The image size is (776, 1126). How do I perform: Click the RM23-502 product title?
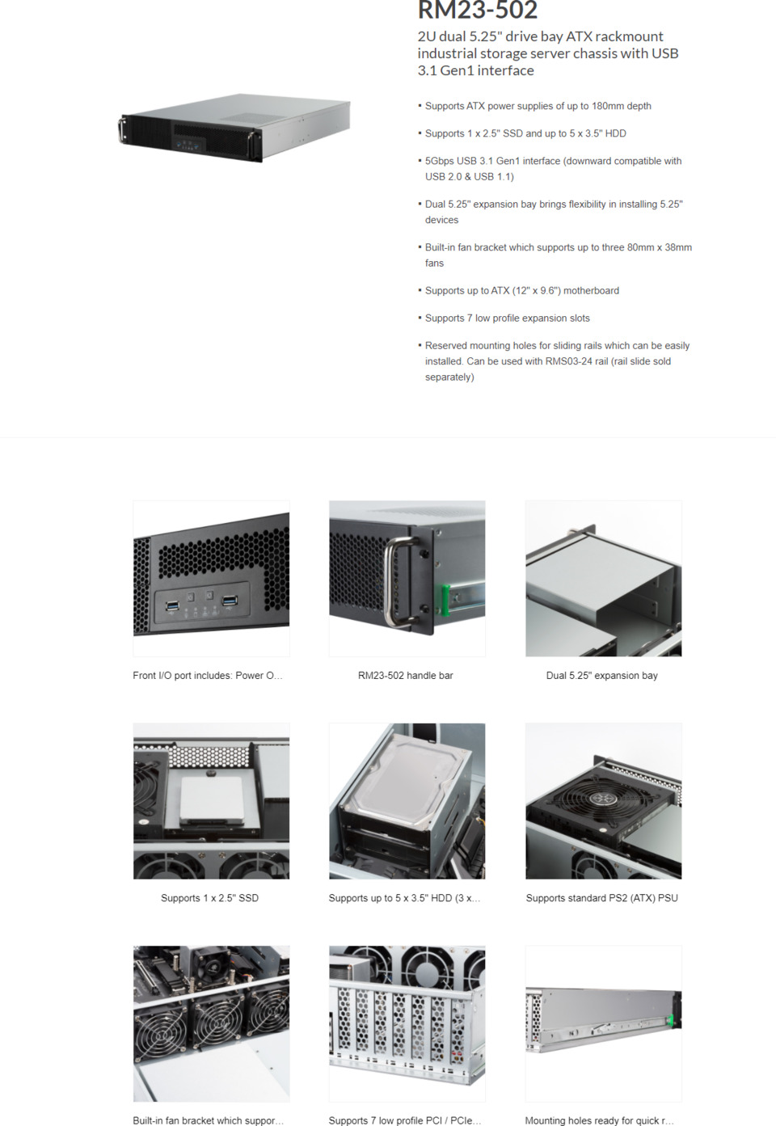(x=477, y=11)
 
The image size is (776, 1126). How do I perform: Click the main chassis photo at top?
(x=234, y=128)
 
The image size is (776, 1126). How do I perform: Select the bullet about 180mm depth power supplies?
(x=538, y=106)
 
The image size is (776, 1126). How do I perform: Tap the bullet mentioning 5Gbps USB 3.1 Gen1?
(x=553, y=161)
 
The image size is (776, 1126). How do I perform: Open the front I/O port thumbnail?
(x=211, y=578)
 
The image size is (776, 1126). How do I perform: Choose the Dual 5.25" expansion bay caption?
(x=601, y=676)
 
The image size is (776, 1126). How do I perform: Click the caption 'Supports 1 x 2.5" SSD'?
(x=209, y=898)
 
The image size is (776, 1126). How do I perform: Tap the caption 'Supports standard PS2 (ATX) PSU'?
(x=601, y=898)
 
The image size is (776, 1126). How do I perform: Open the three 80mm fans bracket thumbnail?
(x=211, y=1023)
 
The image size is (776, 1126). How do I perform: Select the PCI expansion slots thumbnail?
(x=407, y=1023)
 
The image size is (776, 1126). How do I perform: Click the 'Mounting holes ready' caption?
(x=599, y=1120)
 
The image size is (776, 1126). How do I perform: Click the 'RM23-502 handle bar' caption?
(x=405, y=676)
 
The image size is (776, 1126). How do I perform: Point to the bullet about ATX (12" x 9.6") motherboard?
(x=521, y=291)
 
